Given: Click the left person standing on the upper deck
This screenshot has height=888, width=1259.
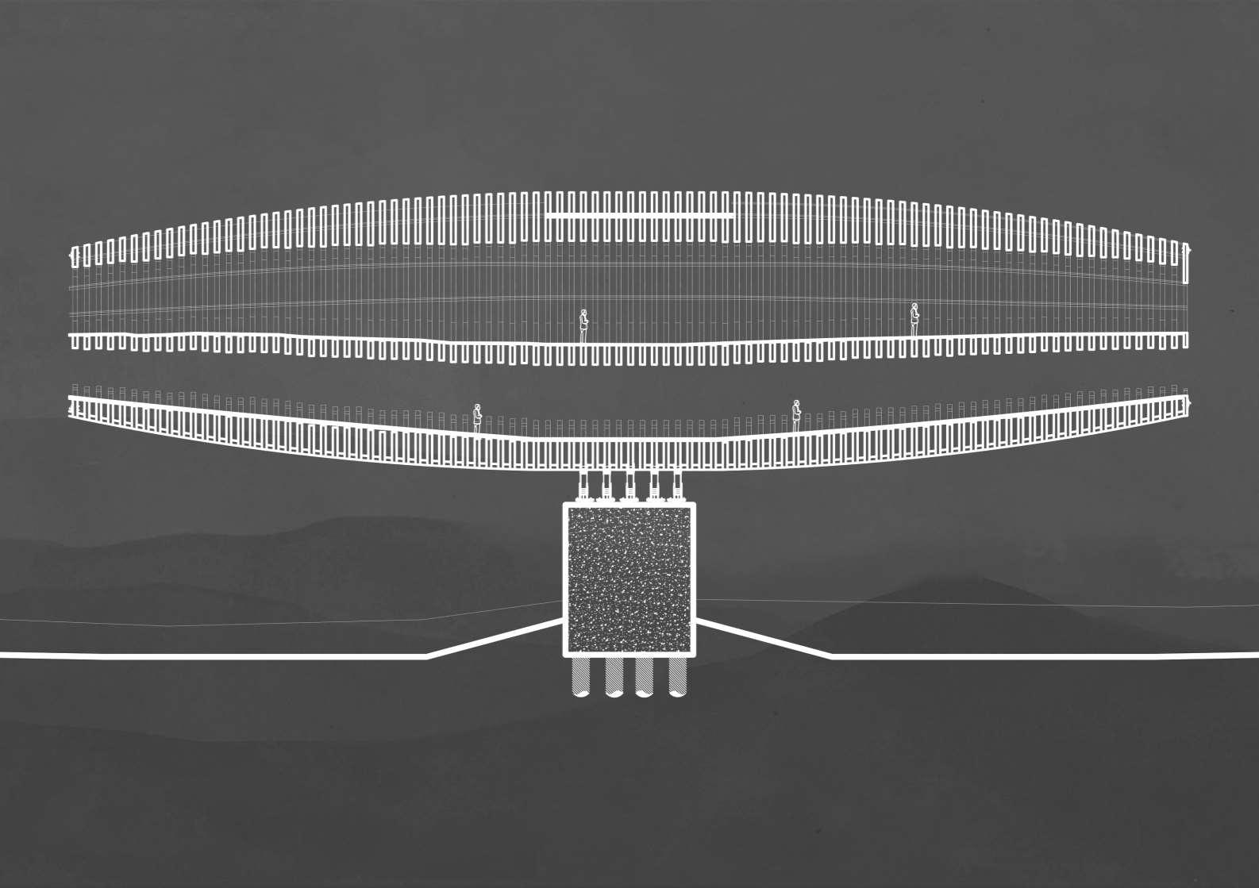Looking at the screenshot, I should pyautogui.click(x=583, y=325).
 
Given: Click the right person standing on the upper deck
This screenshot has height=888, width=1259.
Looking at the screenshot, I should pyautogui.click(x=914, y=319).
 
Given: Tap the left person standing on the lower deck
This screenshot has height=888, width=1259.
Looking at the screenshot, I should pyautogui.click(x=477, y=417).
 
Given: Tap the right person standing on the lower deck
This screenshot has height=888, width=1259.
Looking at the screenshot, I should pyautogui.click(x=796, y=415).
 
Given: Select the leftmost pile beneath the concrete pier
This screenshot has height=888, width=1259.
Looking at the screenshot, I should pyautogui.click(x=580, y=677).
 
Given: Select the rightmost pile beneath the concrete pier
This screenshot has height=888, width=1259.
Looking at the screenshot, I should pyautogui.click(x=677, y=677).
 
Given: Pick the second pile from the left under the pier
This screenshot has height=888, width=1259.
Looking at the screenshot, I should pyautogui.click(x=614, y=677).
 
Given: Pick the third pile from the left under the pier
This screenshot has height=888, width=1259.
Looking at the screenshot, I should pyautogui.click(x=645, y=677).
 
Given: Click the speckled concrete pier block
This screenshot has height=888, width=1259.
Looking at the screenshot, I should pyautogui.click(x=629, y=579).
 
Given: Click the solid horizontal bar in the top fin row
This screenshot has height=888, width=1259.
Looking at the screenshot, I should pyautogui.click(x=639, y=216).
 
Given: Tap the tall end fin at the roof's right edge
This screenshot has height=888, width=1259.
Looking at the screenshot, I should pyautogui.click(x=1186, y=263).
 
